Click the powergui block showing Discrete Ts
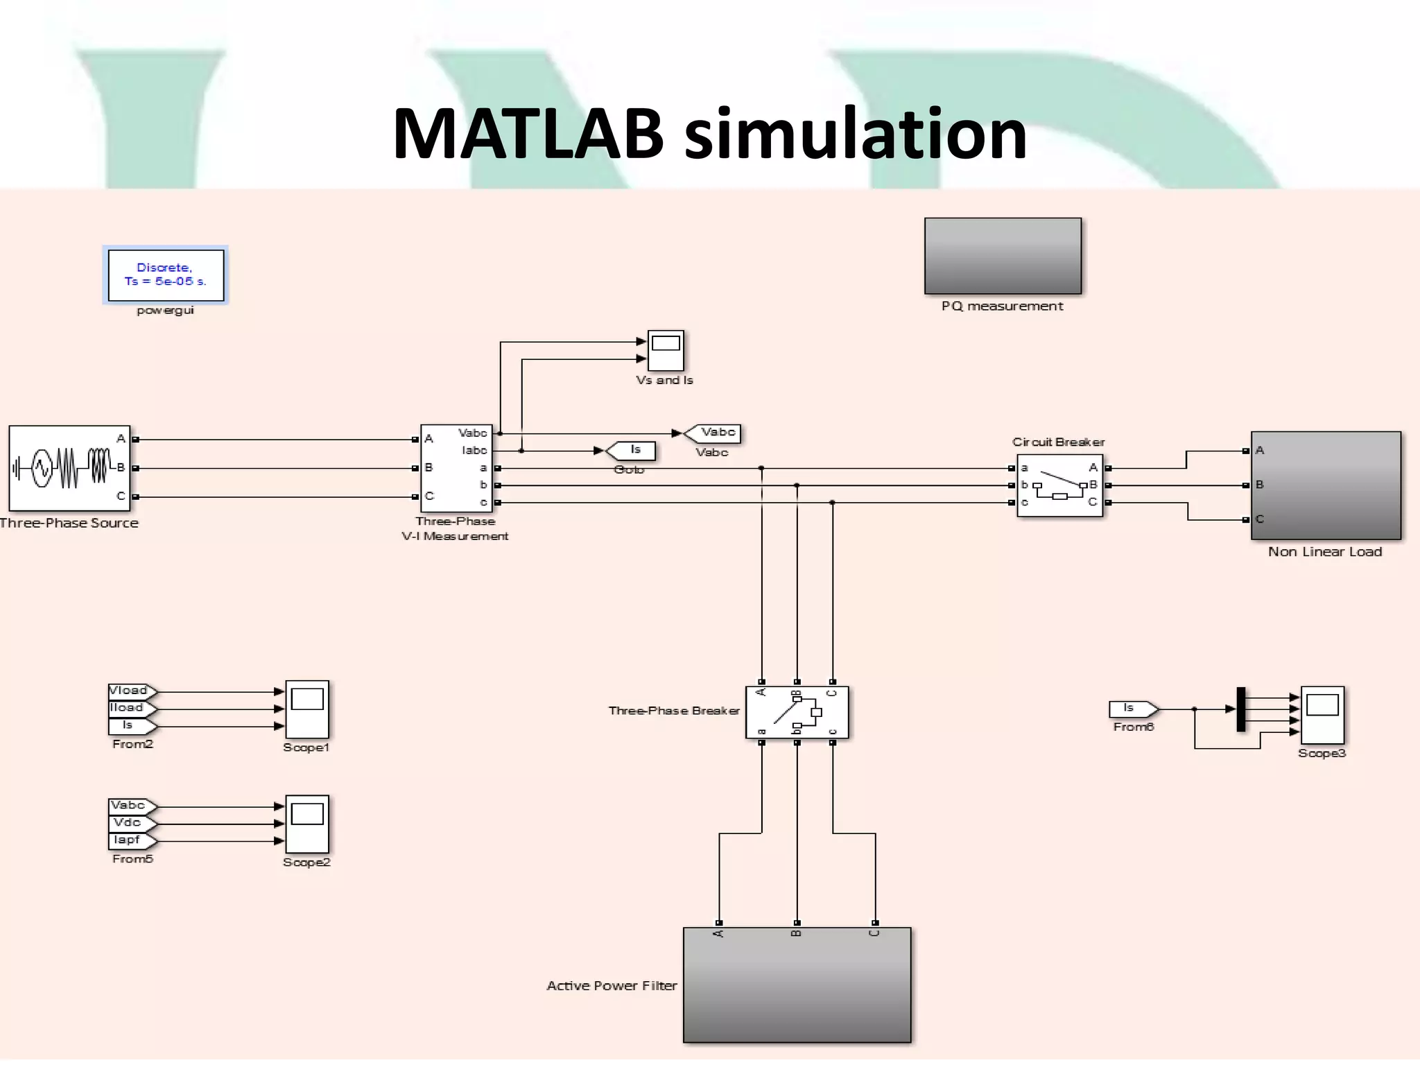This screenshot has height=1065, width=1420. click(166, 275)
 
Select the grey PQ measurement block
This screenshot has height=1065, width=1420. click(1003, 256)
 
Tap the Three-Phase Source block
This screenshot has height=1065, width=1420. click(69, 468)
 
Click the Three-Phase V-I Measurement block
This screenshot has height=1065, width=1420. click(456, 468)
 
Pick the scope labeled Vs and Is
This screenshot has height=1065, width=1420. click(666, 350)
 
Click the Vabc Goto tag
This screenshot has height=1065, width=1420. click(714, 433)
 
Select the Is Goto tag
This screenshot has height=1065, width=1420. click(632, 451)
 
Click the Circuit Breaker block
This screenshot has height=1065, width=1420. click(1059, 485)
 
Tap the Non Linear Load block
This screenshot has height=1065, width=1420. click(1326, 485)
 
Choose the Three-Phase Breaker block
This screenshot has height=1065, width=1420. click(797, 712)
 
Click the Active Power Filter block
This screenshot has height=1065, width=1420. click(797, 985)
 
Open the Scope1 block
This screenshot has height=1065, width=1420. click(307, 709)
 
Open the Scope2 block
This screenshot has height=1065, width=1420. click(307, 824)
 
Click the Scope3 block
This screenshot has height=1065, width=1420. click(1322, 715)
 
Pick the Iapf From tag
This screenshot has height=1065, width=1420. click(130, 840)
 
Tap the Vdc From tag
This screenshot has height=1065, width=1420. click(130, 823)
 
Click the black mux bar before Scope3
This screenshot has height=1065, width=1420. click(1241, 709)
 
